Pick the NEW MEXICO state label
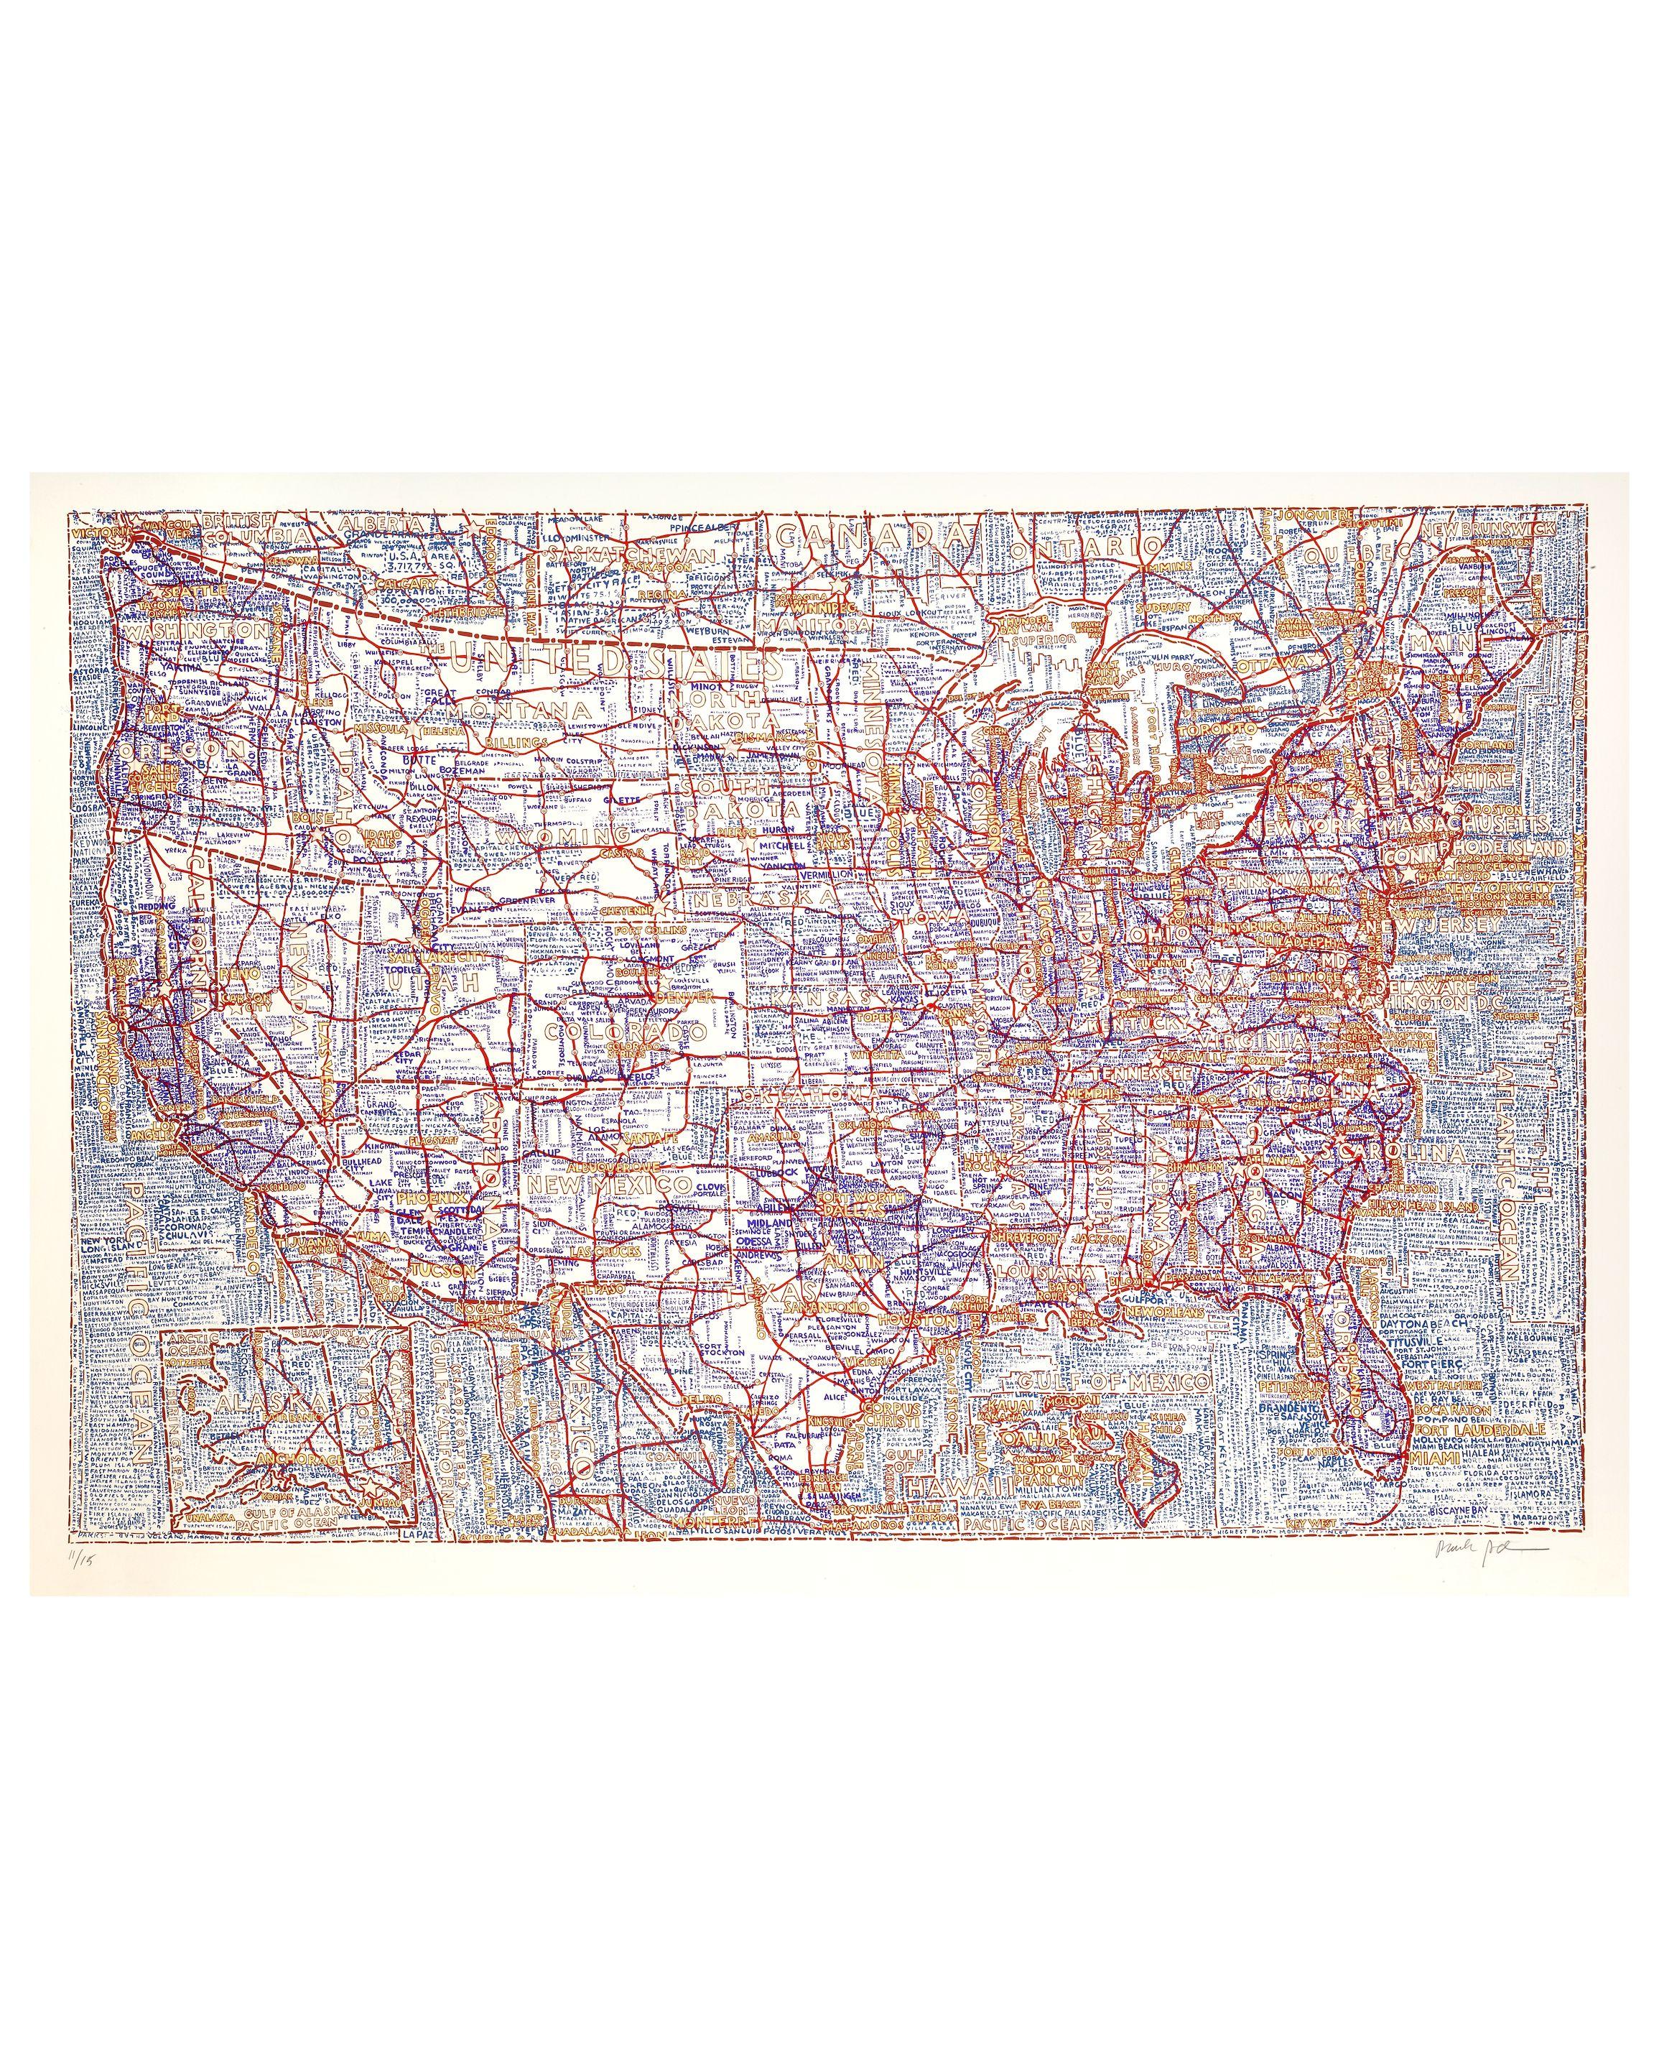click(608, 1186)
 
